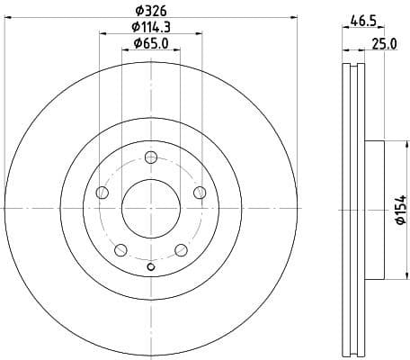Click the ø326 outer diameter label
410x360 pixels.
(151, 13)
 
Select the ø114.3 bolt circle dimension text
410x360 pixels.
(151, 28)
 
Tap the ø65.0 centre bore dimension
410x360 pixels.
(151, 42)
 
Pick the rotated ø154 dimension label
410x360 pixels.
(399, 210)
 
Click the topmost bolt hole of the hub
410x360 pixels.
(151, 157)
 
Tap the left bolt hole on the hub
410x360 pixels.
(102, 193)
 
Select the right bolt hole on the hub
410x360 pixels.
(200, 193)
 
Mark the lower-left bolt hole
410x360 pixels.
(120, 249)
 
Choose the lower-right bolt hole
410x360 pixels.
(181, 249)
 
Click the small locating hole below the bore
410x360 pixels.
(151, 265)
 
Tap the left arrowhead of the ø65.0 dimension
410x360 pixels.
(125, 51)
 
